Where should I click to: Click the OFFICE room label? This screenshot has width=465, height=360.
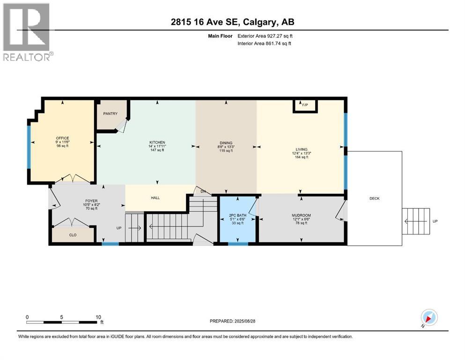point(62,138)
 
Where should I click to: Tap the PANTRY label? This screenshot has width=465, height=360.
point(110,114)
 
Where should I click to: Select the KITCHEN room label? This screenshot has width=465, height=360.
point(157,142)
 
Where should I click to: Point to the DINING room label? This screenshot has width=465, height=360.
point(226,143)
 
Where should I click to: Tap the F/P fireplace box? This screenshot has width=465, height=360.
point(305,105)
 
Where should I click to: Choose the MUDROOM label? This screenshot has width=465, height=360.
point(302,216)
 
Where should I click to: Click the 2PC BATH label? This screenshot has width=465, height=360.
point(238,216)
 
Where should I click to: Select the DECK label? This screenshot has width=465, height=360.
point(374,198)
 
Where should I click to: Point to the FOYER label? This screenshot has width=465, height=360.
point(78,201)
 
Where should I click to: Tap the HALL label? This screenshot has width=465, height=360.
point(155,198)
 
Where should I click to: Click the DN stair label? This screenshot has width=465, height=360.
point(203,191)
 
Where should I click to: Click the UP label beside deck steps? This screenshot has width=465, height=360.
point(435,221)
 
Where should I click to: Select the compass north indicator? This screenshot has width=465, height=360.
point(429,317)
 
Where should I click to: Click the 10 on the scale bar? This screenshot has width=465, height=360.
point(98,317)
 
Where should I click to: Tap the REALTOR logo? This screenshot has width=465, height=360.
point(27,31)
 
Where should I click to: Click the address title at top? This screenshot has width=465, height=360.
point(232,22)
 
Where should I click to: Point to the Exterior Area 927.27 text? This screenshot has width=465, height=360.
point(267,36)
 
